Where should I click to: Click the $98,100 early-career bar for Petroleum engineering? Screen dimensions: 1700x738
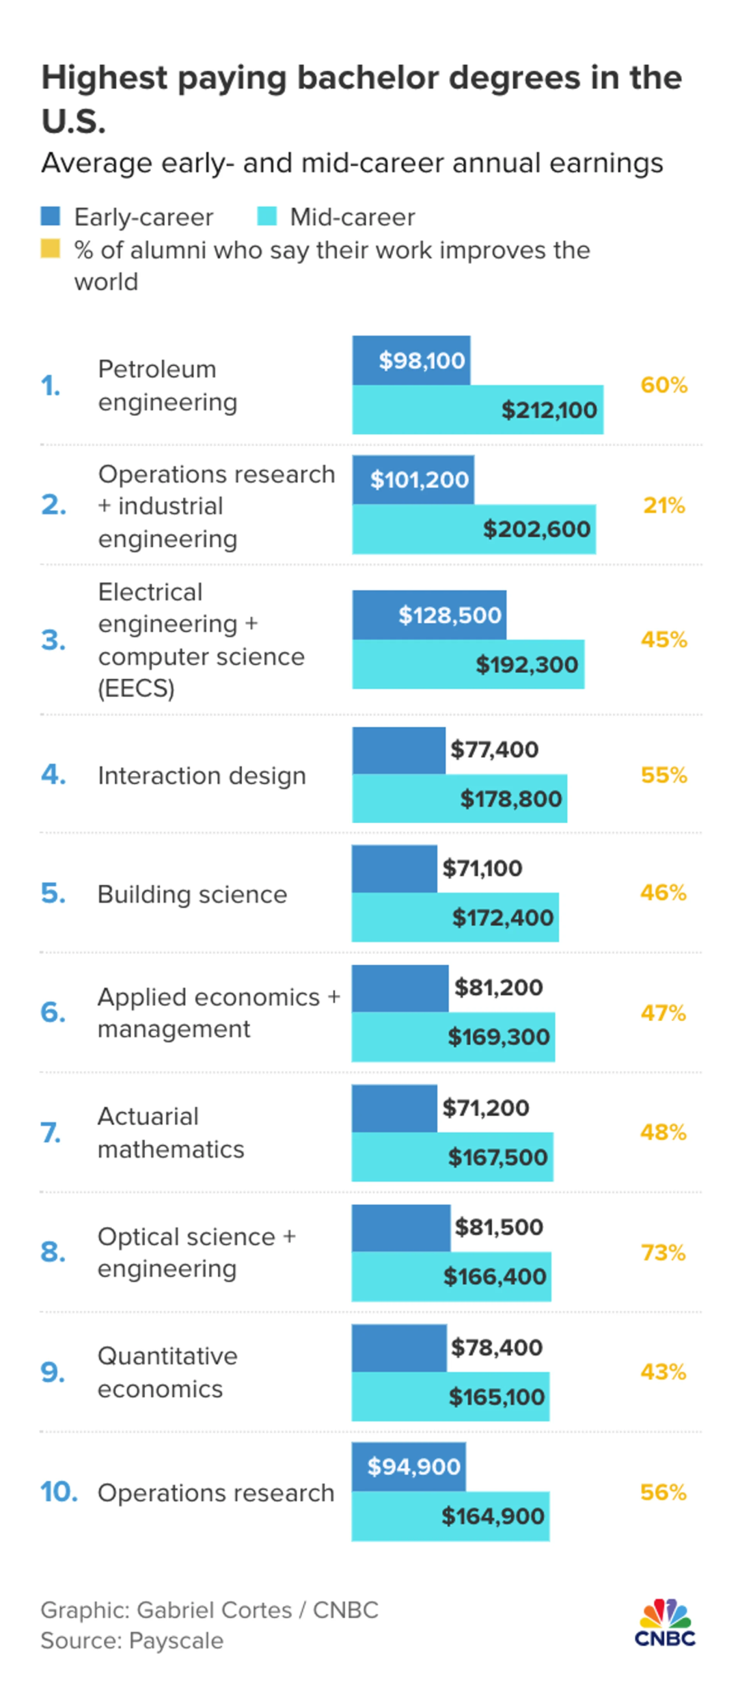[411, 360]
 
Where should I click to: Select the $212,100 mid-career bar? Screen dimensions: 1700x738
[478, 410]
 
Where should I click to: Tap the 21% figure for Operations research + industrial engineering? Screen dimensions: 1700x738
[664, 505]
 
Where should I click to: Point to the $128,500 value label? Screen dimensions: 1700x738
[450, 615]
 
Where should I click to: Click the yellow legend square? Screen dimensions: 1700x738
[50, 248]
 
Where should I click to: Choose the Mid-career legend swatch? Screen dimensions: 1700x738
[266, 216]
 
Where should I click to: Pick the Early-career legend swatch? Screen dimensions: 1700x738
[50, 216]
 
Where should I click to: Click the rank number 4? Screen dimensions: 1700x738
[53, 775]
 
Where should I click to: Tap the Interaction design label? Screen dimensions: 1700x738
[202, 775]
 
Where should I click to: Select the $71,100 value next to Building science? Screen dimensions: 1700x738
[482, 868]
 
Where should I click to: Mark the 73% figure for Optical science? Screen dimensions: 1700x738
[663, 1253]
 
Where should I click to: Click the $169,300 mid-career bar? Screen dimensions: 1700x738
[453, 1037]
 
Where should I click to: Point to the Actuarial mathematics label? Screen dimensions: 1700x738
[171, 1133]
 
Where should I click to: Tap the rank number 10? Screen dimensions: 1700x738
[59, 1492]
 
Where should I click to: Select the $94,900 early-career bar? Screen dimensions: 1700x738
[409, 1467]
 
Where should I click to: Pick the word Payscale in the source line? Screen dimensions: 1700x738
[176, 1641]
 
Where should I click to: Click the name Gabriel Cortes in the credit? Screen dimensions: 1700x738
[215, 1610]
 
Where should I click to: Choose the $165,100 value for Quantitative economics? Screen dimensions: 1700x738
[496, 1396]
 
